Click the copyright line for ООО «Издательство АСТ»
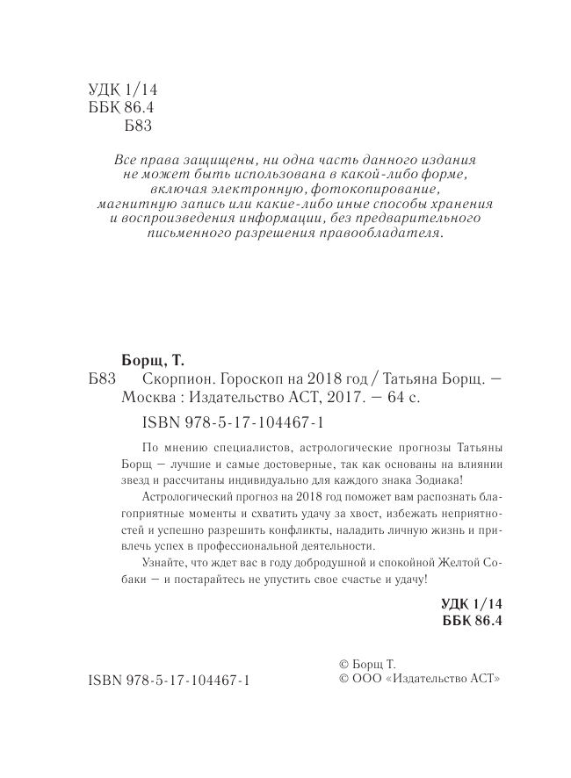419,680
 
